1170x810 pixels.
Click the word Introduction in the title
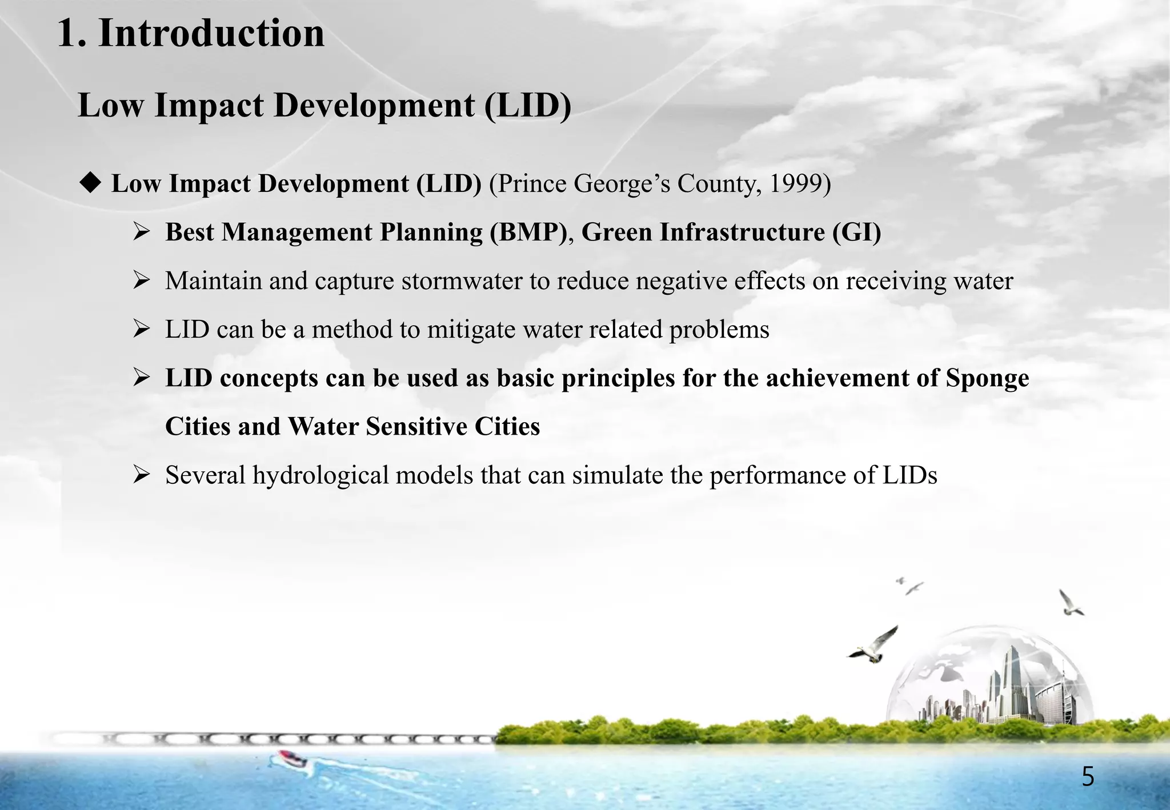click(211, 33)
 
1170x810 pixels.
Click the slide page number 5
click(1088, 777)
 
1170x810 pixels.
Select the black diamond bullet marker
click(90, 183)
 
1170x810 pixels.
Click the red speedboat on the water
click(292, 759)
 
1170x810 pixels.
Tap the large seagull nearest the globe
click(874, 645)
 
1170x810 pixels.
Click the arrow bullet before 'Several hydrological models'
click(141, 475)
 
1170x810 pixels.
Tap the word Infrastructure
click(742, 232)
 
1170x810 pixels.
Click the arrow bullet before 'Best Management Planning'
click(141, 232)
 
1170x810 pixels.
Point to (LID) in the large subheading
click(527, 106)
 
